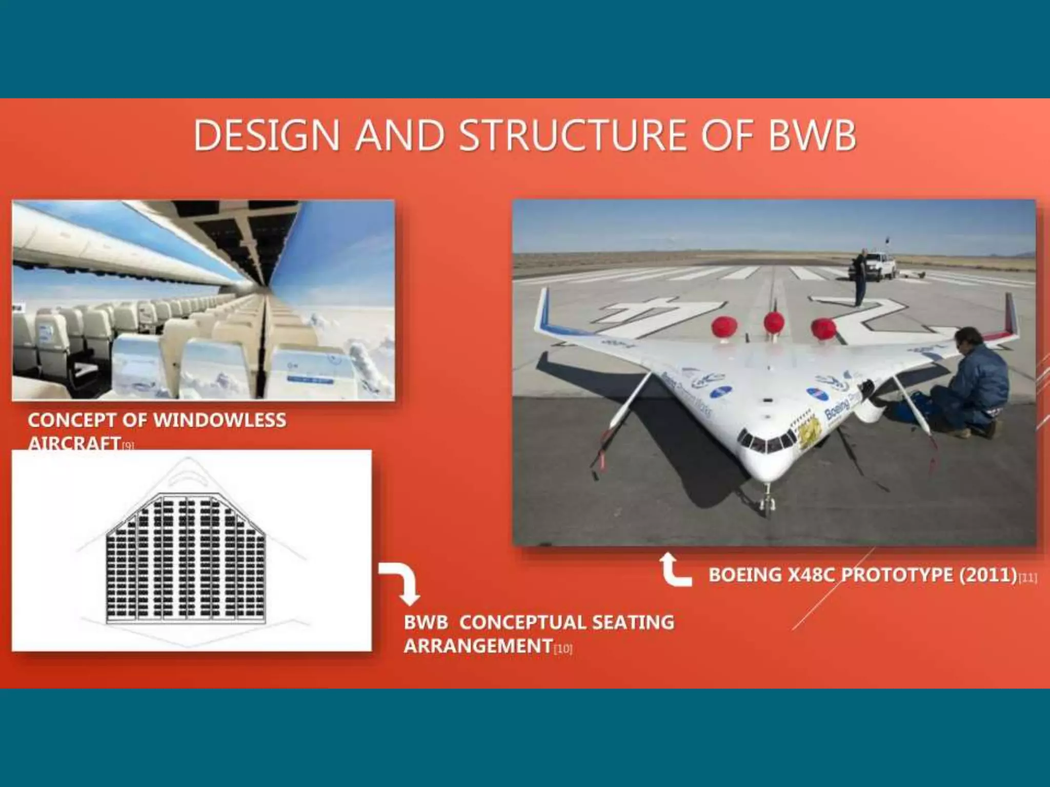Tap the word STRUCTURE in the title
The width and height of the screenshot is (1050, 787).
573,135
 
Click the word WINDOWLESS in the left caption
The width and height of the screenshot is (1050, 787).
220,420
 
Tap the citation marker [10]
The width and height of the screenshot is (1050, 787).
563,649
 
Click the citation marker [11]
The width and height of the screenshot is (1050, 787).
1027,578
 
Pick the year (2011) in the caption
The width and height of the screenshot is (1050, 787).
988,575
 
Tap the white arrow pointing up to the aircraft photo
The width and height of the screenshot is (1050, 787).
674,570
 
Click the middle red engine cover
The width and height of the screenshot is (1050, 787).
774,323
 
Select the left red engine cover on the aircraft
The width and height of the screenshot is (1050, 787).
724,326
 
